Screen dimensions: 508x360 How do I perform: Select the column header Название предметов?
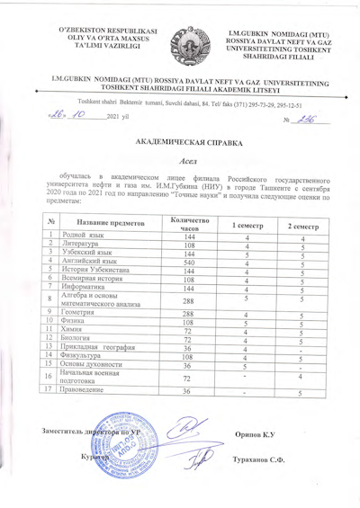pyautogui.click(x=106, y=223)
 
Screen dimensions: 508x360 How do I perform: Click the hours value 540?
pyautogui.click(x=188, y=263)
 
